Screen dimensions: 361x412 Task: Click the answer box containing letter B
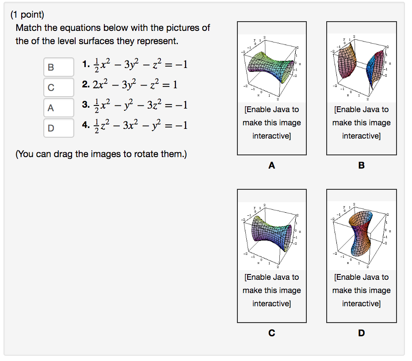59,68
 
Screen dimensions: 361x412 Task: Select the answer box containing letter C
59,87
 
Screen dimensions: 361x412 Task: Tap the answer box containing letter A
59,107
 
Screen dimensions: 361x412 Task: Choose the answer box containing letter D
59,128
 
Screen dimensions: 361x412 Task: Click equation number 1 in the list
135,65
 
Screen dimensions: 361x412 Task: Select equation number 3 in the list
135,105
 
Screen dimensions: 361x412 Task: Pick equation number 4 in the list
135,125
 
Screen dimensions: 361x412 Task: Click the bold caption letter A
271,166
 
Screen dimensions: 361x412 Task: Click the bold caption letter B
362,166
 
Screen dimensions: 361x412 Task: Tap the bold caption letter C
271,333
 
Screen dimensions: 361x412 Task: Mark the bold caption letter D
362,333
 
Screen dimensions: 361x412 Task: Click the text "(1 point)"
27,15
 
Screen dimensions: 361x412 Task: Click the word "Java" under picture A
282,109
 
